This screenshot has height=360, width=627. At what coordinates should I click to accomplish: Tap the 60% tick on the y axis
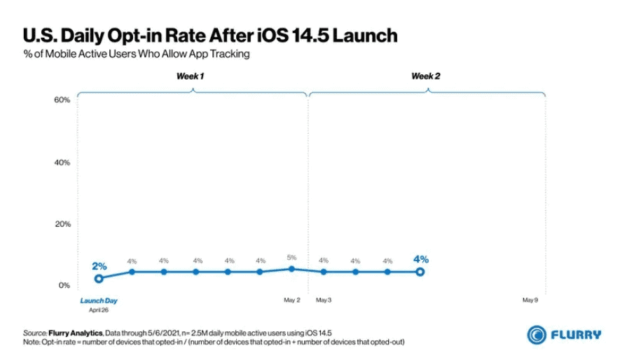pyautogui.click(x=62, y=100)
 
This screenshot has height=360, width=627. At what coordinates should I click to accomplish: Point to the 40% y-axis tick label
pyautogui.click(x=62, y=162)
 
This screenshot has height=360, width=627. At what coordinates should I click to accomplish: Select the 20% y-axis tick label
pyautogui.click(x=62, y=224)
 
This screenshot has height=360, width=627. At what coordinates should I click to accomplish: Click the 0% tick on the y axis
pyautogui.click(x=64, y=285)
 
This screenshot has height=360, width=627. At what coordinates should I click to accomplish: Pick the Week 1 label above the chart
pyautogui.click(x=190, y=76)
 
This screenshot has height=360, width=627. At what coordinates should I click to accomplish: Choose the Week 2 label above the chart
pyautogui.click(x=426, y=76)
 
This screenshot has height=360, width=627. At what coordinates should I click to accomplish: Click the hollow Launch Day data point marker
pyautogui.click(x=99, y=278)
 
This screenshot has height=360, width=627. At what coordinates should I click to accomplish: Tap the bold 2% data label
pyautogui.click(x=99, y=265)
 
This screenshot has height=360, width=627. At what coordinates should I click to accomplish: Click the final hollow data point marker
pyautogui.click(x=420, y=272)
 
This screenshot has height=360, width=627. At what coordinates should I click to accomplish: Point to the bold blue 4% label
pyautogui.click(x=420, y=259)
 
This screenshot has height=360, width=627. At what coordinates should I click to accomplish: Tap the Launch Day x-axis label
pyautogui.click(x=98, y=300)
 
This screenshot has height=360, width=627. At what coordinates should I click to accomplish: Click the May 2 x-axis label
pyautogui.click(x=291, y=300)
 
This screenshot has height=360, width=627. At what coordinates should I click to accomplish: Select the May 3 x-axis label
pyautogui.click(x=324, y=300)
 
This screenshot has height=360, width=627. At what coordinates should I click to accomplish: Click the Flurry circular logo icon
pyautogui.click(x=537, y=335)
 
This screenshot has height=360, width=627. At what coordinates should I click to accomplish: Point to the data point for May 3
pyautogui.click(x=324, y=272)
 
